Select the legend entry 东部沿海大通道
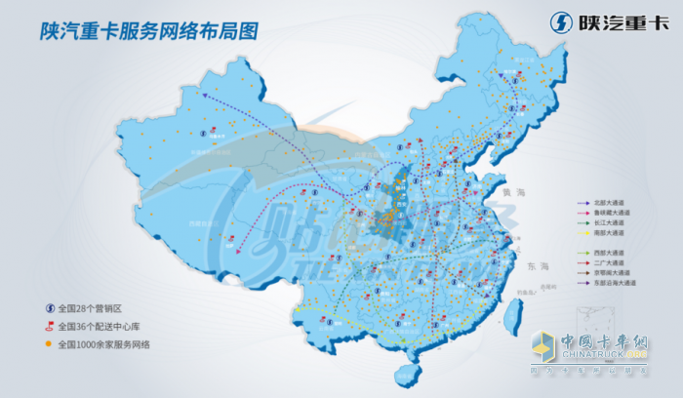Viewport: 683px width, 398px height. [616, 283]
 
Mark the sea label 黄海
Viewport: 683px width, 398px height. [506, 196]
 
